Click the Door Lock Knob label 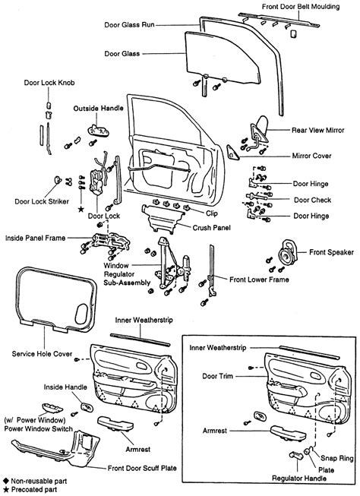[x=49, y=83]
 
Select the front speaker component [x=288, y=252]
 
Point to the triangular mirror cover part [x=232, y=153]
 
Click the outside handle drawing [x=98, y=131]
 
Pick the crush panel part [x=163, y=219]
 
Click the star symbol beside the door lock [x=81, y=209]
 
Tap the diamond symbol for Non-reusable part [x=5, y=481]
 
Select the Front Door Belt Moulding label [x=301, y=7]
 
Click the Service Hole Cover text [x=42, y=354]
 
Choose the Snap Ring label [x=336, y=458]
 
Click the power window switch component [x=52, y=408]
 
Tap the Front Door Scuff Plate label [x=142, y=468]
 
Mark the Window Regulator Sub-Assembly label [x=127, y=274]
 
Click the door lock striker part [x=58, y=180]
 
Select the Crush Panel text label [x=212, y=228]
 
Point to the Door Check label [x=313, y=200]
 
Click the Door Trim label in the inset [x=218, y=376]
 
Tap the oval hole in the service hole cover [x=81, y=314]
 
